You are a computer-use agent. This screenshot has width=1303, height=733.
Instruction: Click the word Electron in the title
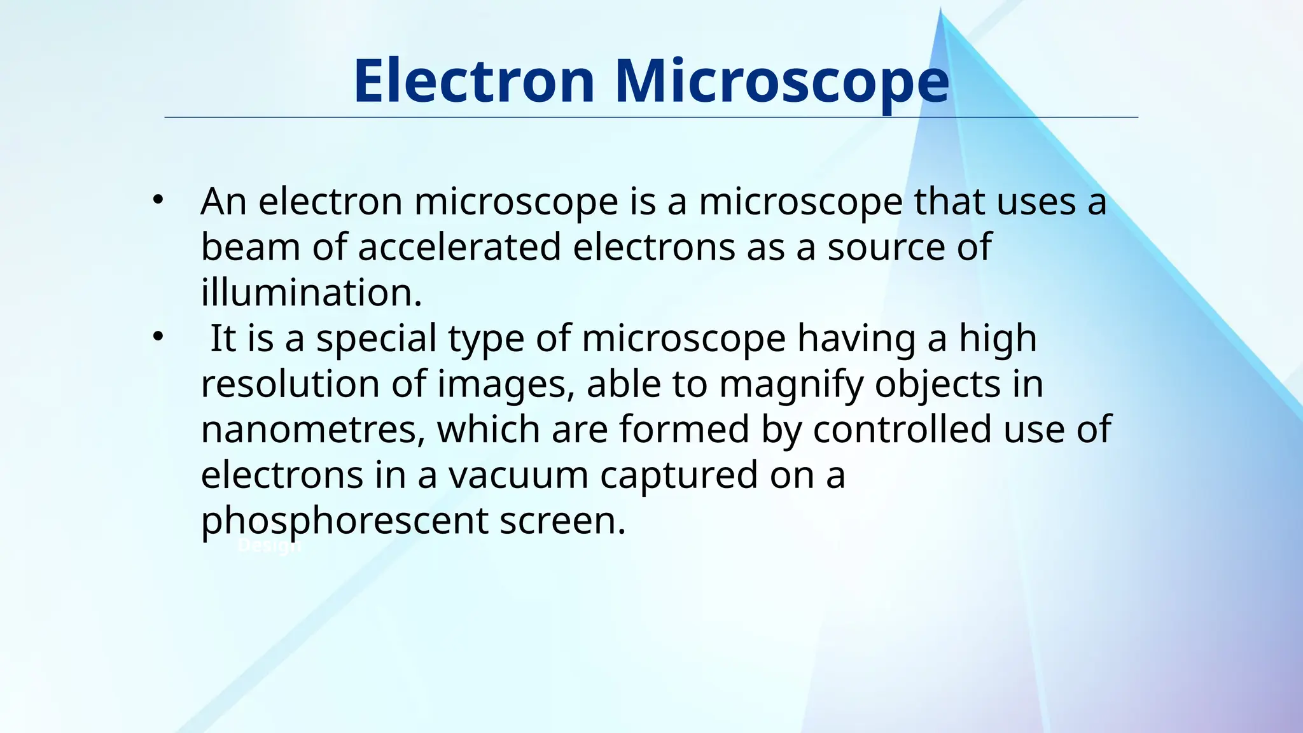(474, 81)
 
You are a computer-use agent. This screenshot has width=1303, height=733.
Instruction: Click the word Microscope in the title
(782, 81)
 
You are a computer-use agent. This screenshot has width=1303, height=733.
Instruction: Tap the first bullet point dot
(158, 200)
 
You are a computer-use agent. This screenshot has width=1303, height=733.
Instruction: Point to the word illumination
(311, 293)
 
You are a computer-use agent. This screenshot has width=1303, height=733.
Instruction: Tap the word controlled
(902, 429)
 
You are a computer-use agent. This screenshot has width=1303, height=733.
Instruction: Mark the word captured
(679, 475)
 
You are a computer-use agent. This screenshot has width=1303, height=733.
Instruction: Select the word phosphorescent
(344, 521)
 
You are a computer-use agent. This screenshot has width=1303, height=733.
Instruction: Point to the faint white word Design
(268, 546)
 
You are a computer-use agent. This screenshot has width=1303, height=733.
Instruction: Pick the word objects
(938, 384)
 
